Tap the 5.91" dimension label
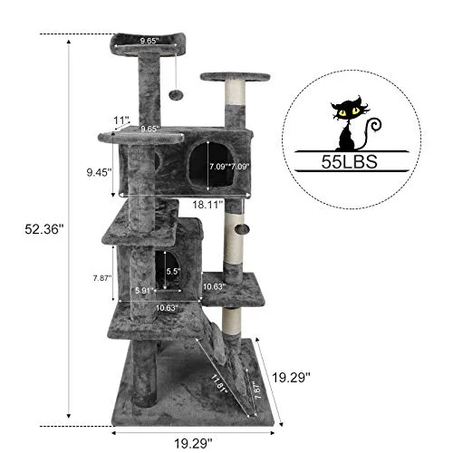(147, 290)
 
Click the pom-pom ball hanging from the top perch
(178, 94)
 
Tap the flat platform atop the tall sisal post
(235, 77)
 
